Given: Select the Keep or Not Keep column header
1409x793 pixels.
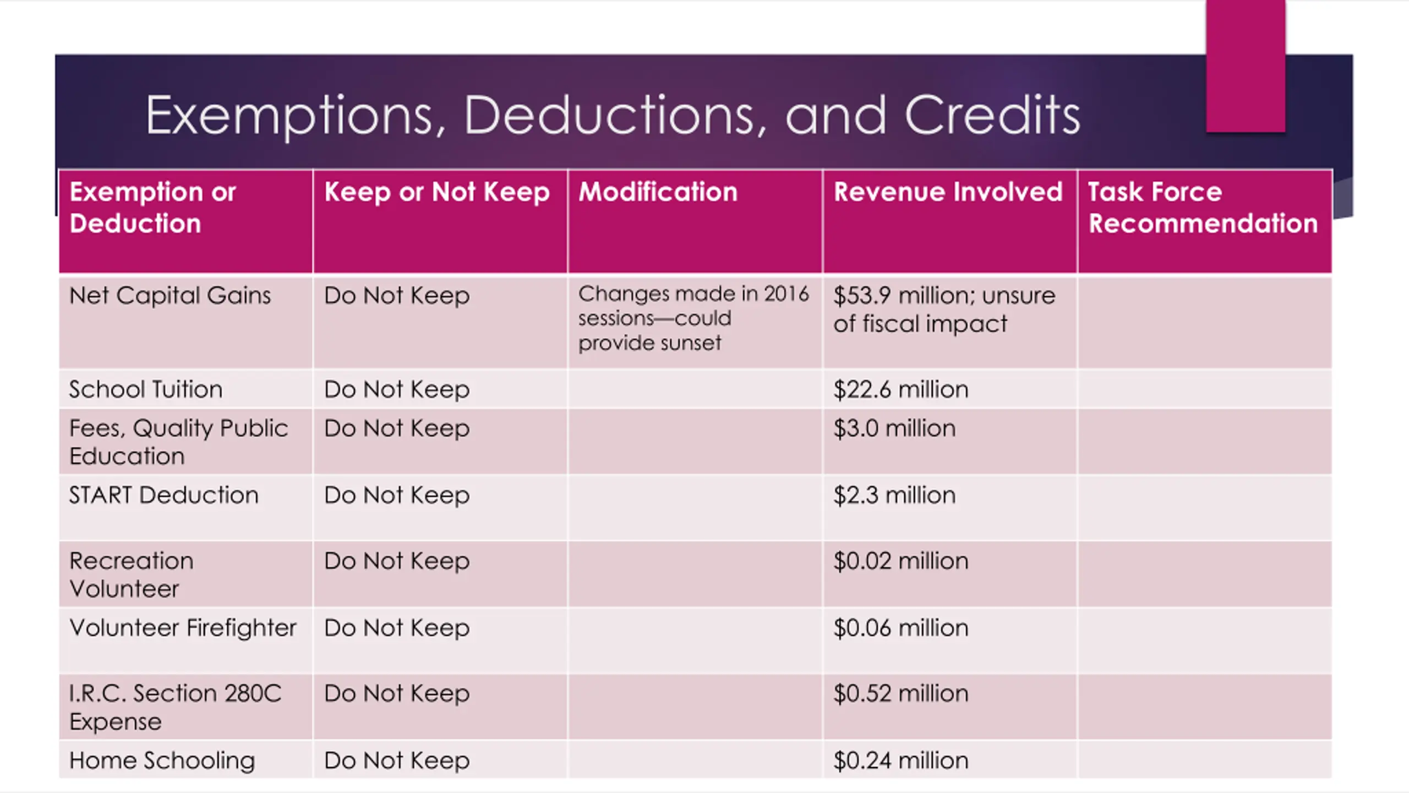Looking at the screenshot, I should (x=437, y=192).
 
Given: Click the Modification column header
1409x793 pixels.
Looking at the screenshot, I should (x=658, y=192).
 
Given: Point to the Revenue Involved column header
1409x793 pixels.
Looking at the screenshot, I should (x=948, y=192).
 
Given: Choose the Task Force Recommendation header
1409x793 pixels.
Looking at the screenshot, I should (x=1203, y=208).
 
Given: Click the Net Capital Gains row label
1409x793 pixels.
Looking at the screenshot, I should (x=170, y=296).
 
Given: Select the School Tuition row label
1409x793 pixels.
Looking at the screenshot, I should (x=146, y=389).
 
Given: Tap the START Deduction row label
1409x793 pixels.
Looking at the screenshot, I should (x=163, y=495).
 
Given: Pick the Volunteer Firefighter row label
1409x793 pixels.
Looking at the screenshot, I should (x=183, y=628).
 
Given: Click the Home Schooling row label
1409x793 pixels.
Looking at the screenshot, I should (x=162, y=761).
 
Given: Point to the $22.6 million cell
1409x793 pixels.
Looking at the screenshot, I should (x=900, y=389).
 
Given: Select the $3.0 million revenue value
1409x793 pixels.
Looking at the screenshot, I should (x=894, y=428).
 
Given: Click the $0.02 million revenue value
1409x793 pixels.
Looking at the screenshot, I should (x=900, y=561).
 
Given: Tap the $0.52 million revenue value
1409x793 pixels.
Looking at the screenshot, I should (x=900, y=693).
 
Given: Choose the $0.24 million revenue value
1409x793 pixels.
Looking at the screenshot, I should (x=900, y=761).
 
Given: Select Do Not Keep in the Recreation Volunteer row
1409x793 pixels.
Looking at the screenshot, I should (x=397, y=561).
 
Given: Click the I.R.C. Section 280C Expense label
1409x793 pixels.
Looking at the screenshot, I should (x=175, y=707).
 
